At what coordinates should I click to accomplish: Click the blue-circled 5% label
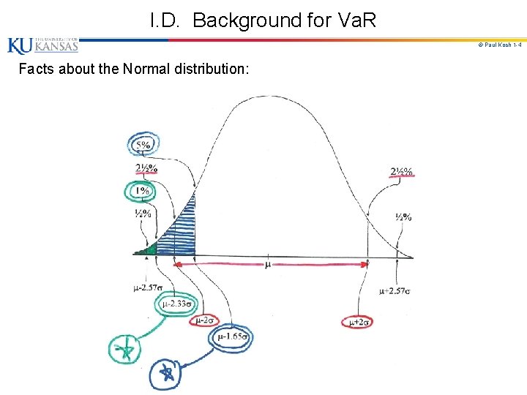tap(143, 145)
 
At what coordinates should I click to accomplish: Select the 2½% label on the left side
tap(146, 168)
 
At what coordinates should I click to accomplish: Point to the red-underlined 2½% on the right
tap(401, 173)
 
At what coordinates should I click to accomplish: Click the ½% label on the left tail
tap(143, 214)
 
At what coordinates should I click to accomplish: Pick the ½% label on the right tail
tap(403, 217)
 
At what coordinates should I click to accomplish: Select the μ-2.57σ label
tap(147, 287)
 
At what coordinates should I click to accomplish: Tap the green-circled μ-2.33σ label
tap(176, 304)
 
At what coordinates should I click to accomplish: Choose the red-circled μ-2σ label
tap(204, 320)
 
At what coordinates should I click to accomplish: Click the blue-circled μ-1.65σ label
tap(232, 337)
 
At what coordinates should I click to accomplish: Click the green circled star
tap(127, 350)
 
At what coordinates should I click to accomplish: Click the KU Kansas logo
tap(42, 46)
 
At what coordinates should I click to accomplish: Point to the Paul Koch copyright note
tap(499, 45)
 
